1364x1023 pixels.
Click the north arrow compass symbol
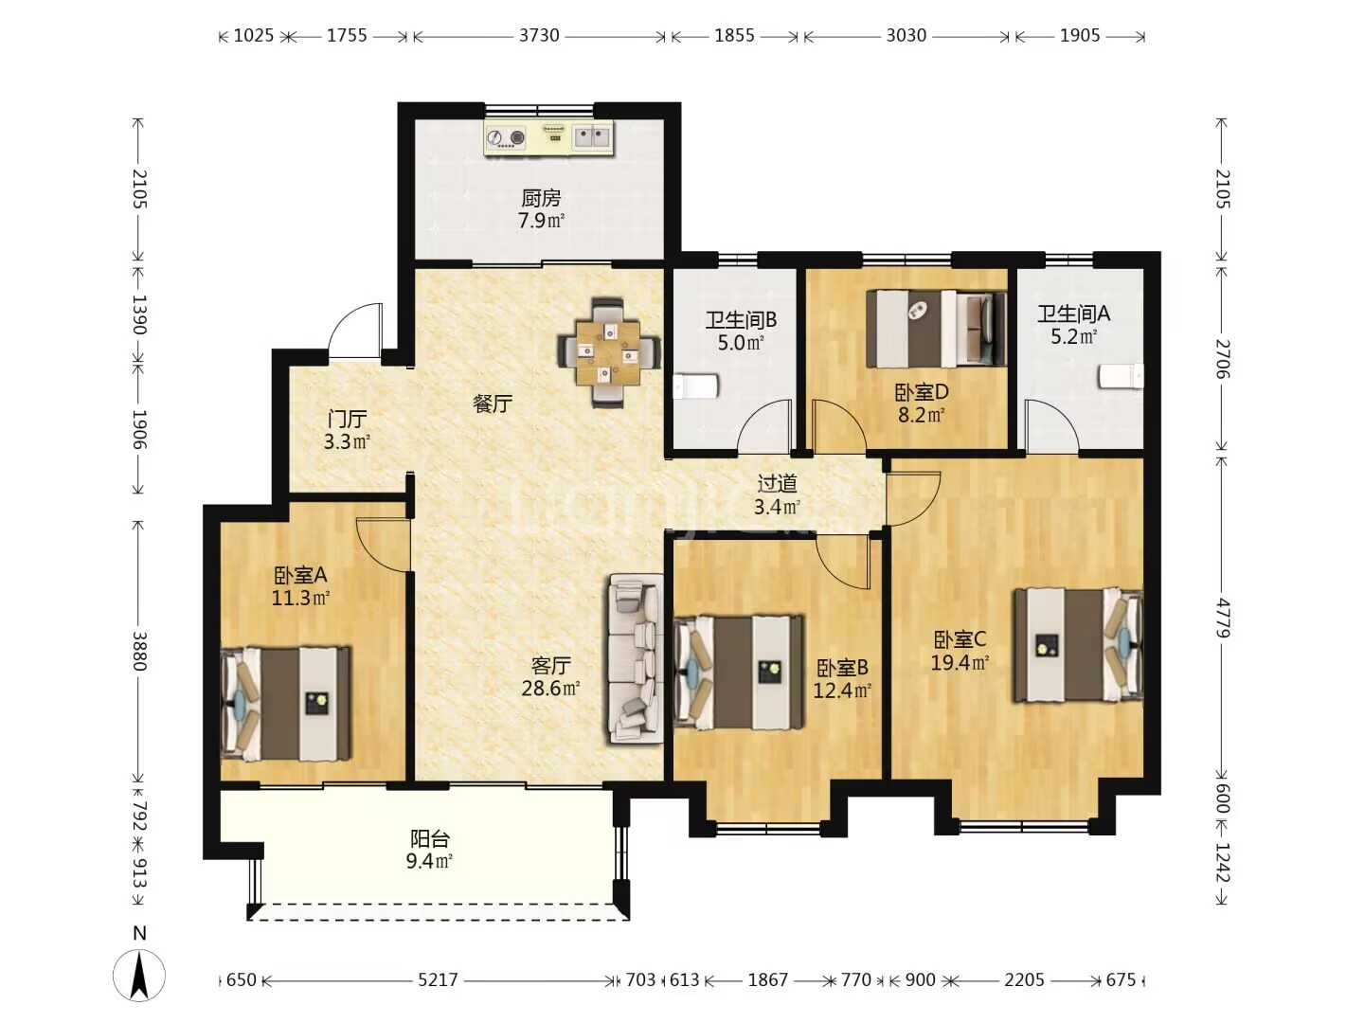click(x=138, y=973)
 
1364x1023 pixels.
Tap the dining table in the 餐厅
click(x=607, y=352)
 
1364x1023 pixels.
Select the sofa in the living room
click(x=636, y=658)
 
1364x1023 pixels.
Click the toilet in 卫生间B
click(x=696, y=386)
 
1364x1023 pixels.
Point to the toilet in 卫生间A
click(x=1121, y=376)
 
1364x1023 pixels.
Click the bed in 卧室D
click(x=936, y=329)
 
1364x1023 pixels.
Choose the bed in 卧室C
click(x=1078, y=645)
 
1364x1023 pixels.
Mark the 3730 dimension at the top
click(x=539, y=35)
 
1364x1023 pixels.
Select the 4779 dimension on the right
click(x=1223, y=618)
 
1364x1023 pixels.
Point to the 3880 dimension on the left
click(x=138, y=652)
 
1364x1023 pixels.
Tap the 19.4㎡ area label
click(x=960, y=663)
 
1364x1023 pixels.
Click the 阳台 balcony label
click(x=429, y=839)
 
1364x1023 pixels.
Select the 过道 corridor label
click(x=777, y=483)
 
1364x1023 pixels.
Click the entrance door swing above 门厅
click(x=355, y=331)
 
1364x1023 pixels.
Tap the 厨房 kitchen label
click(x=541, y=198)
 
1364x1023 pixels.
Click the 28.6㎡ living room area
click(x=550, y=689)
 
